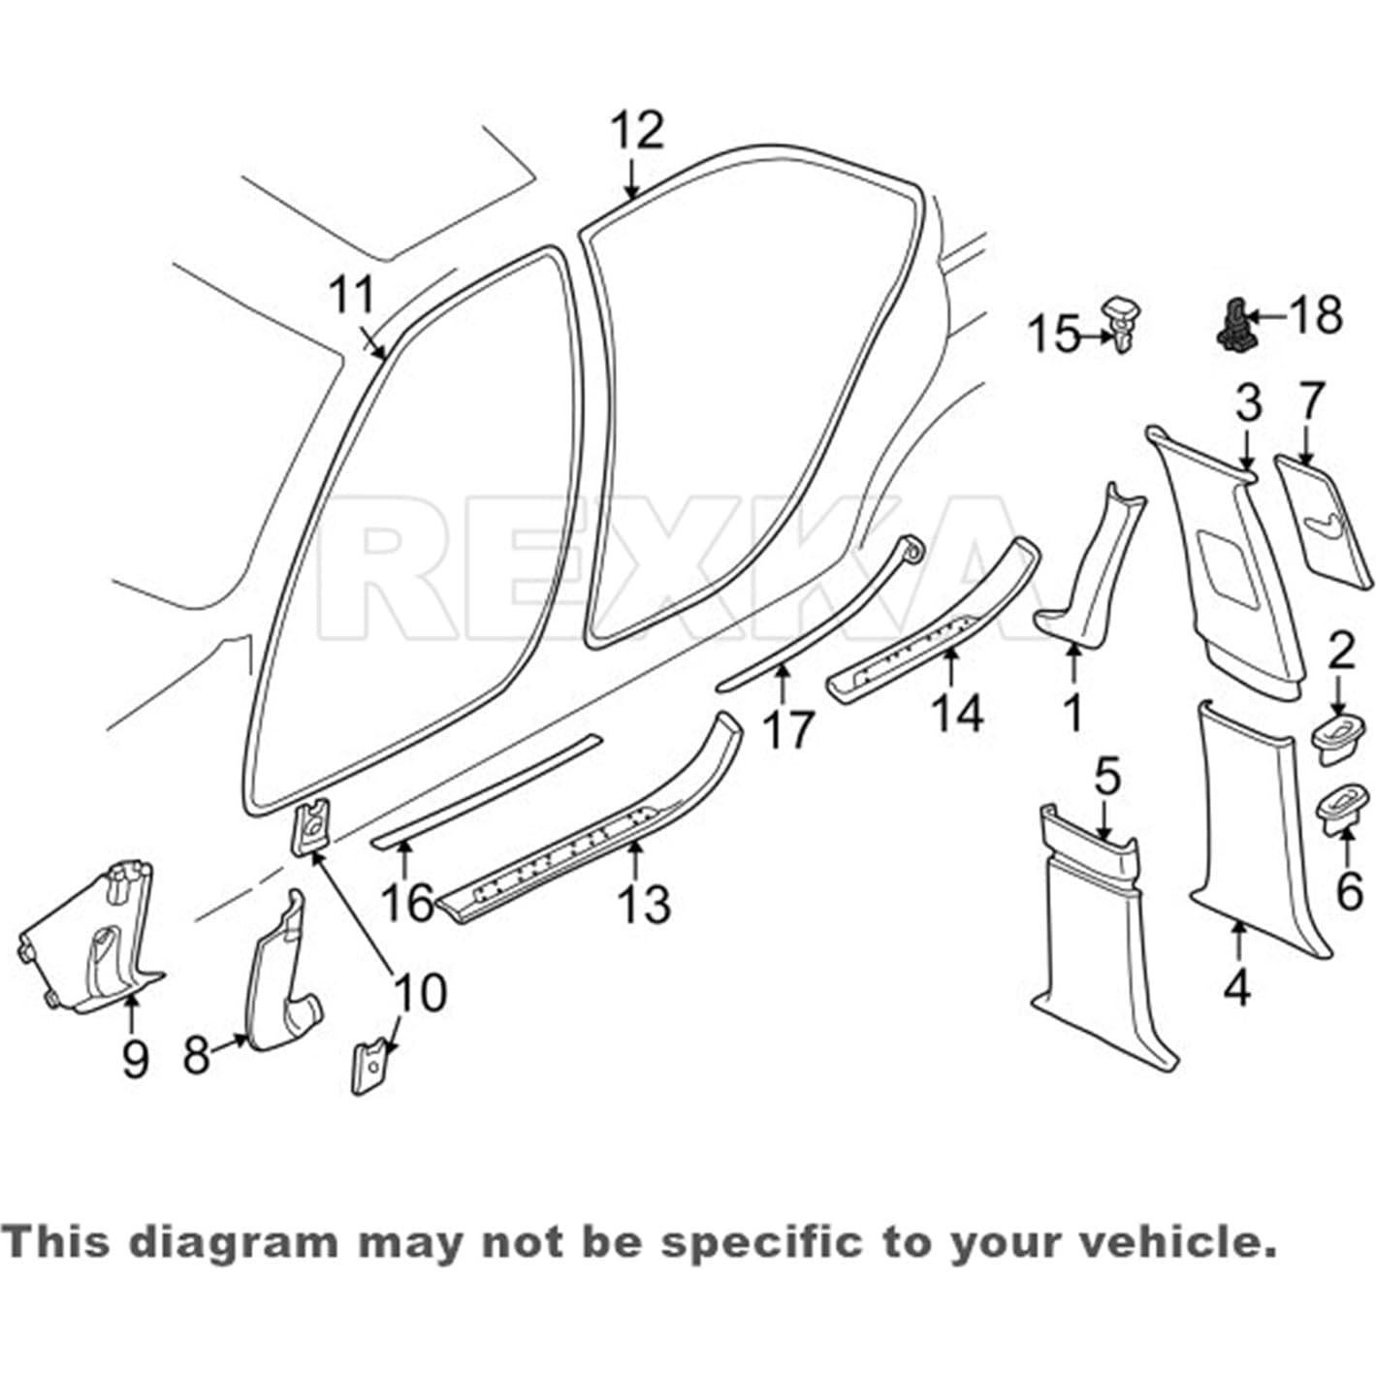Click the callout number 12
tap(637, 131)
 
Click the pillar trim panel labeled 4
tap(1251, 824)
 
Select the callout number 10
tap(420, 993)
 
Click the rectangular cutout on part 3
tap(1227, 562)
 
